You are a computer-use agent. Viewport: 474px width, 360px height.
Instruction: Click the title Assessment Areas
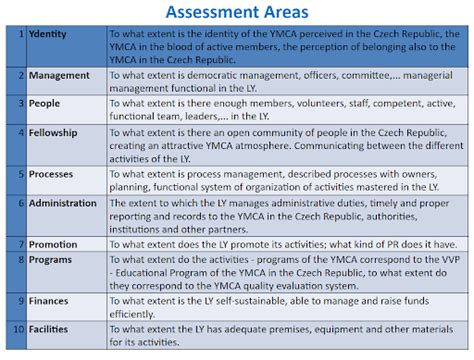(236, 13)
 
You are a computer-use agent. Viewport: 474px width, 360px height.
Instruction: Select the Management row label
(59, 75)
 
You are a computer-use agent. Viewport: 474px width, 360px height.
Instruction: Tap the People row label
(45, 102)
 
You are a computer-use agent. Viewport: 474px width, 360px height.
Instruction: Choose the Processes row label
(51, 173)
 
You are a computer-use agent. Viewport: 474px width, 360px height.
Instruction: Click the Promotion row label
(53, 243)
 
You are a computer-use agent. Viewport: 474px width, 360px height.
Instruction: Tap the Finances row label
(50, 299)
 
